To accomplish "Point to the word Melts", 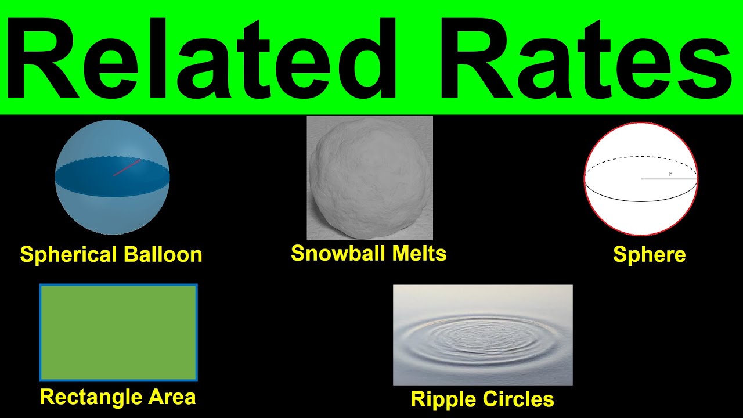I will tap(419, 253).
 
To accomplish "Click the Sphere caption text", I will tap(649, 255).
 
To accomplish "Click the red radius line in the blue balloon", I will tap(127, 168).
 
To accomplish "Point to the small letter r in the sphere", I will tap(670, 174).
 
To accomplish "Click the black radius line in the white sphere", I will tap(668, 179).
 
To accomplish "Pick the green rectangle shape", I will tap(118, 332).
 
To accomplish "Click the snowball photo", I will tap(370, 178).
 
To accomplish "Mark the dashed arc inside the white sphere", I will tap(641, 157).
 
